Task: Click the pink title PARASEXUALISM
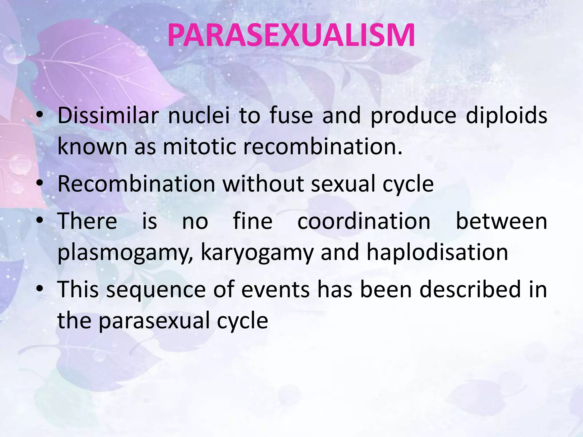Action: (x=291, y=35)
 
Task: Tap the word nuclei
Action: (x=199, y=115)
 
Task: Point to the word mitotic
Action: (x=199, y=147)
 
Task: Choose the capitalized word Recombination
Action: (x=136, y=184)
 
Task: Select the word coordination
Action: (x=364, y=221)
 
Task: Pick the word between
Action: (x=501, y=221)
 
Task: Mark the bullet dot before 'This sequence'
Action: (x=40, y=289)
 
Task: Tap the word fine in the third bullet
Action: (x=253, y=221)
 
